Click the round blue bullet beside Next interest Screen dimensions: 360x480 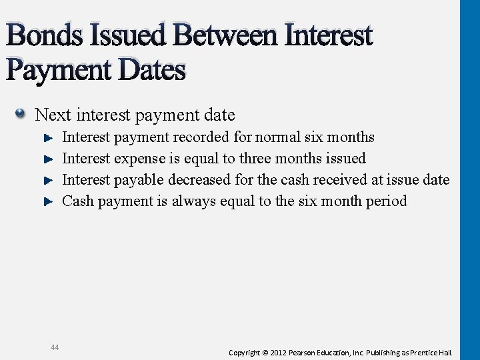pos(21,114)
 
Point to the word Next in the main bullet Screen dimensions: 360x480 pos(53,115)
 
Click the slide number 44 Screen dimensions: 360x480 pos(54,347)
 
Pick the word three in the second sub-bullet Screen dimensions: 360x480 pos(255,159)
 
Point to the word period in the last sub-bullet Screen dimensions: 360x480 pos(386,201)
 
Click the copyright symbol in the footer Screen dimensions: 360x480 pos(265,352)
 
